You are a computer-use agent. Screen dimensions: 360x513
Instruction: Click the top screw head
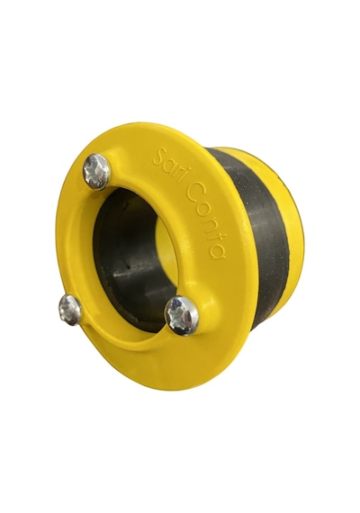click(x=96, y=171)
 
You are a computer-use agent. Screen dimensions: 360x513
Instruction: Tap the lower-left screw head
click(x=70, y=310)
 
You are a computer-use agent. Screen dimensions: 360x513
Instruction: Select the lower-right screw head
click(x=182, y=315)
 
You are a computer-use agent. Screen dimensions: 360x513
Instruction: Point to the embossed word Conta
click(x=206, y=220)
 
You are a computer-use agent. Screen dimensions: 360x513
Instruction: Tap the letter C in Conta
click(x=193, y=192)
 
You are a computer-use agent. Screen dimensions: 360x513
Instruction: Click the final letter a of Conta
click(x=219, y=250)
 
